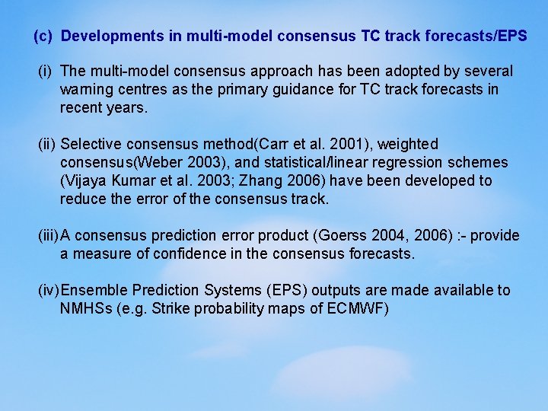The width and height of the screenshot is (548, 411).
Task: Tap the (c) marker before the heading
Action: click(43, 36)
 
